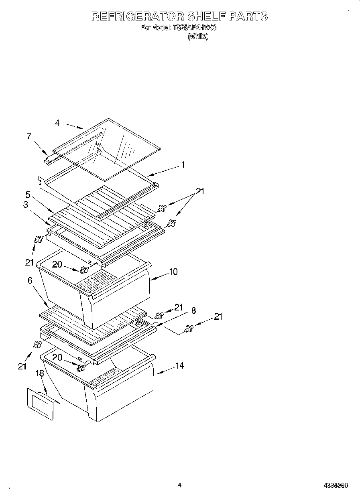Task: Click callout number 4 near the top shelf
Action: (57, 123)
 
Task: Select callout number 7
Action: (29, 136)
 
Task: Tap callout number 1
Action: (183, 164)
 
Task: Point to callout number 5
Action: (28, 195)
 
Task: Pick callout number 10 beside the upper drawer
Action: (173, 272)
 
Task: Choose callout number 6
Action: (30, 280)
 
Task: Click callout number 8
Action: (193, 310)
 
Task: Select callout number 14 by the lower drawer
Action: (179, 365)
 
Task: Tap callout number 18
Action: (39, 373)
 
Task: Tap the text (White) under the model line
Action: (198, 37)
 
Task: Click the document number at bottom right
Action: (336, 485)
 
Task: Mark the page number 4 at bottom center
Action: (180, 485)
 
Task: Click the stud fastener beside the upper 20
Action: (84, 270)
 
